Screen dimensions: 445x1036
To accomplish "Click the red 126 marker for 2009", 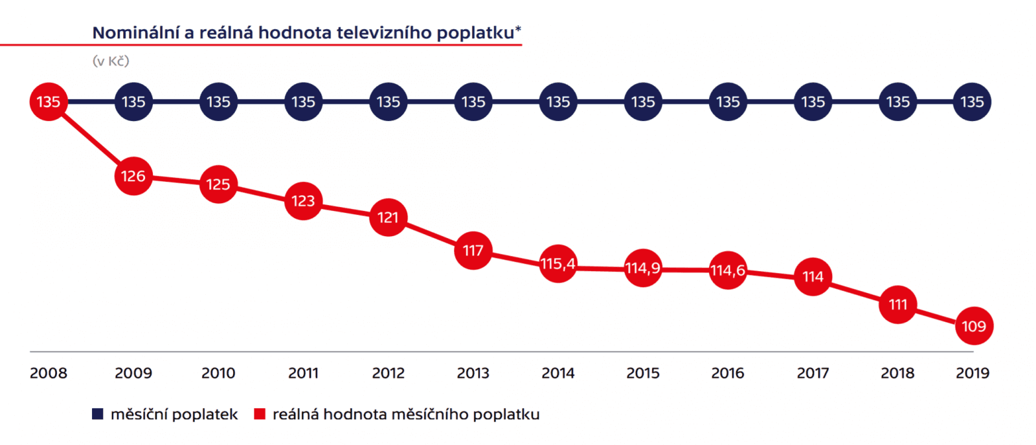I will coord(133,176).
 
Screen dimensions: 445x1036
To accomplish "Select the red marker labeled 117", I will coord(473,250).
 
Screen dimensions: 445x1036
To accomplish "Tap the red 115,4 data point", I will coord(558,264).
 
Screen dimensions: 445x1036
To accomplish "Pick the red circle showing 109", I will coord(973,326).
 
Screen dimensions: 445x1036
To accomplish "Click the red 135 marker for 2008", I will coord(49,102).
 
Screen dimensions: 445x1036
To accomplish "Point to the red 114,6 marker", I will coord(728,270).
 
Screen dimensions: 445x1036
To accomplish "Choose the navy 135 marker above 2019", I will coord(972,102).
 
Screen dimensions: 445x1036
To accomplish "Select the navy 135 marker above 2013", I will coord(473,102).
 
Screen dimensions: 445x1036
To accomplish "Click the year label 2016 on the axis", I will coord(728,373).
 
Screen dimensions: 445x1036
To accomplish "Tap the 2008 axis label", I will coord(49,373).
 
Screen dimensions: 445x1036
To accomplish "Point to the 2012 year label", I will coord(388,373).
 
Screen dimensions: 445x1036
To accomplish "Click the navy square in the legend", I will coord(98,414).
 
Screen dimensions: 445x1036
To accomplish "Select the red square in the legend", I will coord(260,414).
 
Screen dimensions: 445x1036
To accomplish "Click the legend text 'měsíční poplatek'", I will coord(174,414).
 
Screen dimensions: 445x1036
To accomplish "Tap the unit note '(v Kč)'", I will coord(111,61).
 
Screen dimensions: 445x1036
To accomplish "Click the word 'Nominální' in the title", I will coord(135,33).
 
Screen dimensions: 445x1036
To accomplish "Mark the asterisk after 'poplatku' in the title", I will coord(518,29).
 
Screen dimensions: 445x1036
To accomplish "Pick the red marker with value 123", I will coord(303,201).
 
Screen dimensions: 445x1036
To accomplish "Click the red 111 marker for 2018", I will coord(897,304).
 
